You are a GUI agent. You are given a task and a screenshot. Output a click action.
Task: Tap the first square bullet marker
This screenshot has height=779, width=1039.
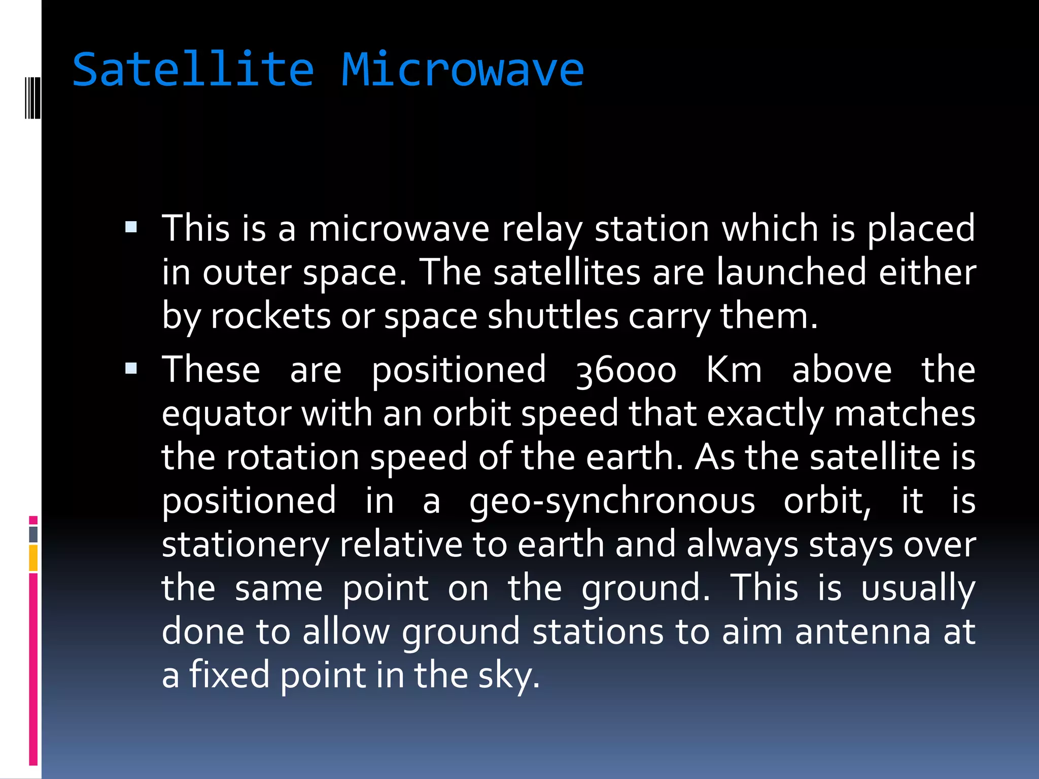coord(131,227)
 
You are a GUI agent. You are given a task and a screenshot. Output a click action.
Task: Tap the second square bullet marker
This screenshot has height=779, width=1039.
coord(131,368)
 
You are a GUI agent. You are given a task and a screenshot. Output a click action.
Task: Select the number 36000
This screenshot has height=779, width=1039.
coord(626,371)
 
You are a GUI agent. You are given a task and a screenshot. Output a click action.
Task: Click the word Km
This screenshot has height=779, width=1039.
coord(734,370)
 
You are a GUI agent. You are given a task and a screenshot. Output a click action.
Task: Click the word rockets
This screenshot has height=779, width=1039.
coord(270,316)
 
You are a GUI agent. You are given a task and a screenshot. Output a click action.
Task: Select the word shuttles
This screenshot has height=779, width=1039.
coord(553,316)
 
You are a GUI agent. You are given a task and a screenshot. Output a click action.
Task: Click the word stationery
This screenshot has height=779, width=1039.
coord(245,545)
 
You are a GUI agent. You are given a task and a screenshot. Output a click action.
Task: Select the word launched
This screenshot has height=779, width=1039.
coord(791,272)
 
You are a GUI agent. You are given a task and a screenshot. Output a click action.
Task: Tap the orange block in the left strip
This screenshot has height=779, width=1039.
coord(33,558)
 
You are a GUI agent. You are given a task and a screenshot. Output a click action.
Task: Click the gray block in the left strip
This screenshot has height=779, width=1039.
coord(33,534)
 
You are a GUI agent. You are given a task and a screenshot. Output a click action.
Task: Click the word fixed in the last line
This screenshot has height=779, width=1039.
coord(229,676)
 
